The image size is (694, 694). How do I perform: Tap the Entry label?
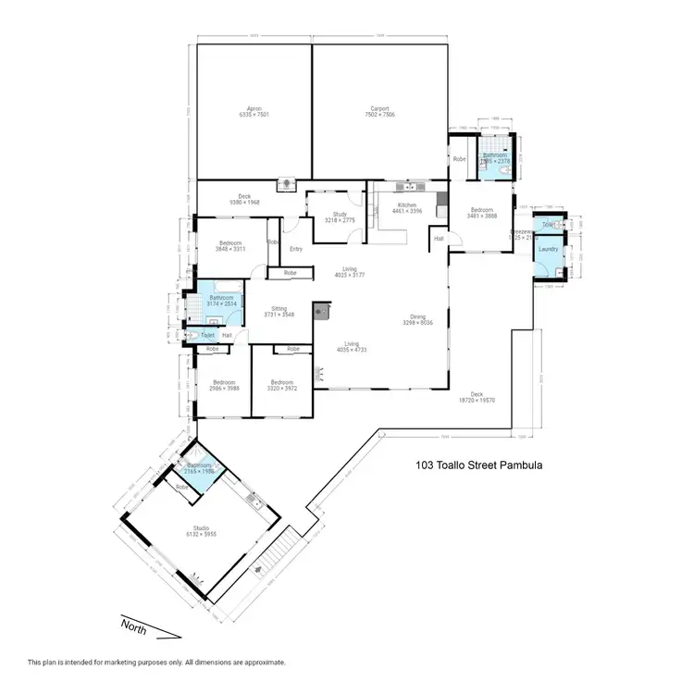point(296,249)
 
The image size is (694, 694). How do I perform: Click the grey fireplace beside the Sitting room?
point(321,311)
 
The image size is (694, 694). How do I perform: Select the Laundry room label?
point(547,249)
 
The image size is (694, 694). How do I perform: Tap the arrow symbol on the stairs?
point(279,555)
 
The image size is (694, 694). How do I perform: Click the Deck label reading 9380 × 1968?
point(244,196)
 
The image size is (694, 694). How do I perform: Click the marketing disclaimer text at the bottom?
point(156,662)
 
